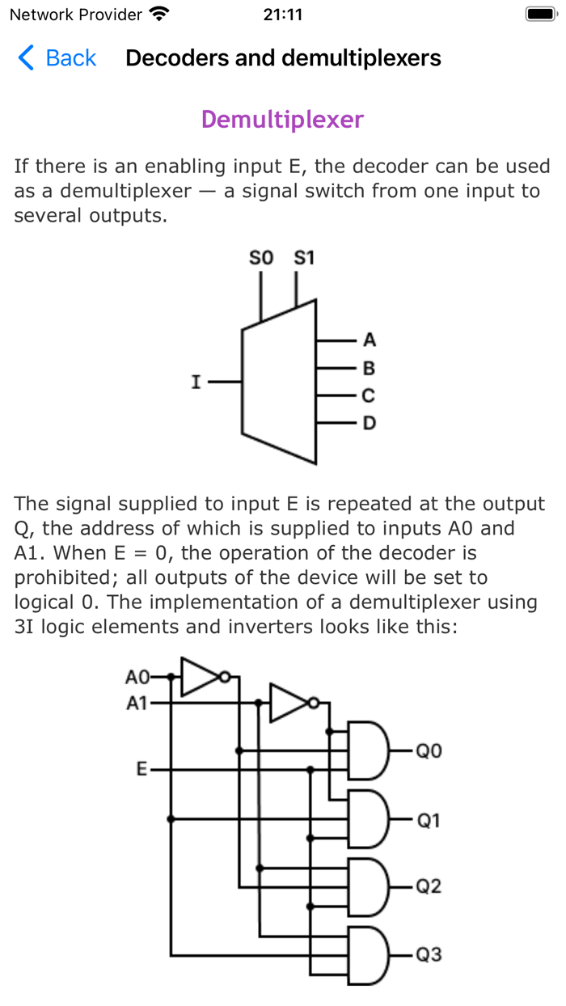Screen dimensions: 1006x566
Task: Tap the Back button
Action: coord(57,58)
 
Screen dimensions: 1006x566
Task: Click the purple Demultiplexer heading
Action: coord(282,120)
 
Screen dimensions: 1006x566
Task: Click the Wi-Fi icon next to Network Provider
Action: coord(160,15)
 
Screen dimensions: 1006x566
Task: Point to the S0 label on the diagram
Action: coord(261,259)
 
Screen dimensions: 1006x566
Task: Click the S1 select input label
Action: coord(304,259)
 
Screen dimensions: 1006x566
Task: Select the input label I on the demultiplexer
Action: coord(196,382)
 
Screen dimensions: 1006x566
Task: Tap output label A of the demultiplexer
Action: coord(370,339)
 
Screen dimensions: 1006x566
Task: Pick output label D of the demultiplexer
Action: coord(370,424)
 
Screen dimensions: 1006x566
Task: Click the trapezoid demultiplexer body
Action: coord(279,382)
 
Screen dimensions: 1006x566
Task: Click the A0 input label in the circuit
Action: coord(137,676)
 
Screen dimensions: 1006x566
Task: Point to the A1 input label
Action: coord(137,704)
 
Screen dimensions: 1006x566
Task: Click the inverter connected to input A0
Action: coord(201,676)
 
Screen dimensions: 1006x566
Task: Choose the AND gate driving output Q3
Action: coord(368,955)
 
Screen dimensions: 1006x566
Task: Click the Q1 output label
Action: coord(429,821)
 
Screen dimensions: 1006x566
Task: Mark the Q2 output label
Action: coord(429,887)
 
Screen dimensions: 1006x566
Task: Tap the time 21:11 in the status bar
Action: coord(283,15)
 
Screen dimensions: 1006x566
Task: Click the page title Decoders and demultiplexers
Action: coord(283,58)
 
